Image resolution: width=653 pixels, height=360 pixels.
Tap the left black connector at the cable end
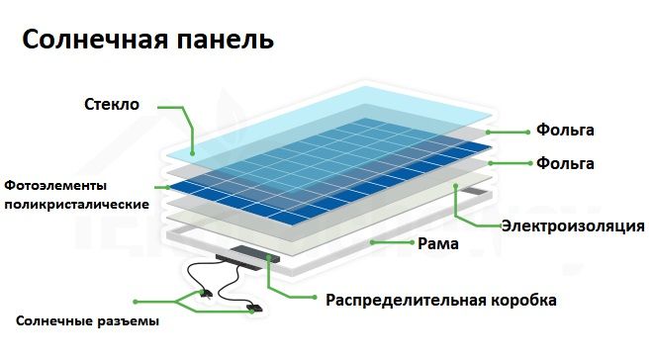pyautogui.click(x=204, y=293)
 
